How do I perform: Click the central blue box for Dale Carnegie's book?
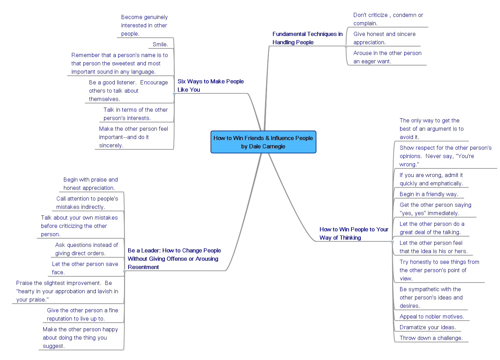pyautogui.click(x=263, y=142)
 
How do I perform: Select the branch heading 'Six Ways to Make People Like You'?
pyautogui.click(x=210, y=85)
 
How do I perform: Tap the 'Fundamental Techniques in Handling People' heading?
pyautogui.click(x=307, y=38)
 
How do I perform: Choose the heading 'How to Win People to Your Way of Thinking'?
pyautogui.click(x=353, y=233)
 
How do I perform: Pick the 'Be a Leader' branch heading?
pyautogui.click(x=174, y=259)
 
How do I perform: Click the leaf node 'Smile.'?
pyautogui.click(x=160, y=44)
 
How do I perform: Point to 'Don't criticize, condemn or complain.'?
pyautogui.click(x=388, y=19)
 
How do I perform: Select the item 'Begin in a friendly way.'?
pyautogui.click(x=429, y=194)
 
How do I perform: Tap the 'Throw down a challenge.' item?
pyautogui.click(x=431, y=338)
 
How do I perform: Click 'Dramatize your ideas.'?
pyautogui.click(x=427, y=327)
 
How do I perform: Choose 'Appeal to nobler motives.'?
pyautogui.click(x=432, y=316)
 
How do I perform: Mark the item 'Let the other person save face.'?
pyautogui.click(x=85, y=268)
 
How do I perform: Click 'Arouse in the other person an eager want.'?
pyautogui.click(x=387, y=57)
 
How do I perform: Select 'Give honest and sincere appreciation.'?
pyautogui.click(x=384, y=38)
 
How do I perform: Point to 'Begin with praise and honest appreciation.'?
pyautogui.click(x=91, y=184)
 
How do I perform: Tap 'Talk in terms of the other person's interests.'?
pyautogui.click(x=135, y=114)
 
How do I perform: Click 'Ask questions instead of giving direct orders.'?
pyautogui.click(x=86, y=249)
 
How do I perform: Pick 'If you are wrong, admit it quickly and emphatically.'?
pyautogui.click(x=431, y=179)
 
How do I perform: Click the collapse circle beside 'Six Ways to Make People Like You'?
pyautogui.click(x=174, y=93)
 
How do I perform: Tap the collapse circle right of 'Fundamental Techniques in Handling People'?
pyautogui.click(x=346, y=46)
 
